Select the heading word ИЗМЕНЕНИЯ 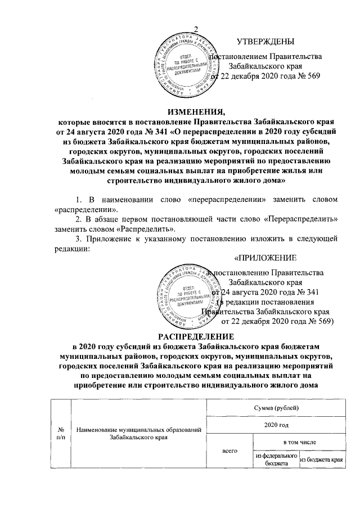pos(196,110)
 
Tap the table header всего pos(229,451)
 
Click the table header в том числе pos(299,444)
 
